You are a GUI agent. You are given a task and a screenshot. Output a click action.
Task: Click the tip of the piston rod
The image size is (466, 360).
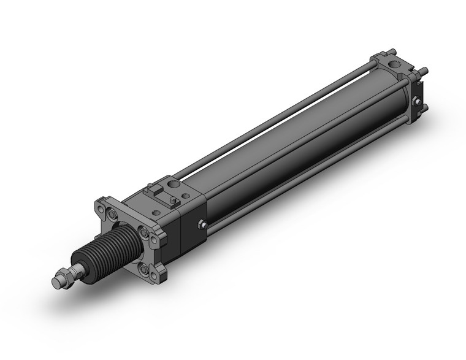tap(56, 283)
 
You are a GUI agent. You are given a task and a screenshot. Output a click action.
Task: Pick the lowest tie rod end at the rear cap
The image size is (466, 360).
tap(423, 110)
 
